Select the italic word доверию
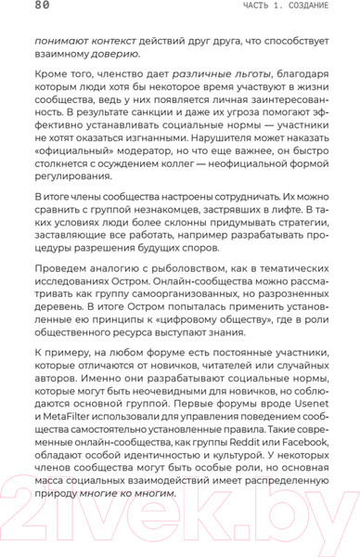click(x=115, y=55)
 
